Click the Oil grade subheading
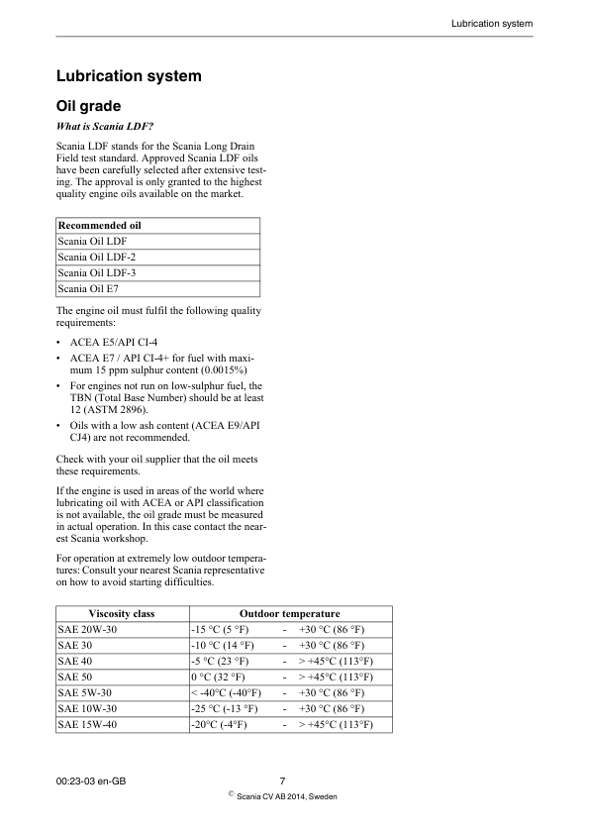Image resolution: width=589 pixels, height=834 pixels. pos(95,105)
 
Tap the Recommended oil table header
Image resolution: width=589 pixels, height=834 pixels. pos(99,225)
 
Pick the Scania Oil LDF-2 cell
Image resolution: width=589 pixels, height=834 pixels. pos(97,257)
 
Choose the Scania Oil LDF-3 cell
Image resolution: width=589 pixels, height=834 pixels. pos(97,272)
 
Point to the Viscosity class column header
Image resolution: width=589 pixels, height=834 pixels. pos(122,614)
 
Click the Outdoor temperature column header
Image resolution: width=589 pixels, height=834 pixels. pos(289,614)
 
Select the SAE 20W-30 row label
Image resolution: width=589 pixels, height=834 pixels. pos(87,630)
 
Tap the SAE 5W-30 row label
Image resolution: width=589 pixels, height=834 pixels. pos(86,693)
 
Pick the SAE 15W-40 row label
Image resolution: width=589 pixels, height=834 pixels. pos(87,725)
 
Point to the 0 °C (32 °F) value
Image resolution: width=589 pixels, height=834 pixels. pos(219,678)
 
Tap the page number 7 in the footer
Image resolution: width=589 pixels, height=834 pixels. pos(282,781)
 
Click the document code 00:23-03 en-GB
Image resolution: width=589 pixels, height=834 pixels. pos(91,781)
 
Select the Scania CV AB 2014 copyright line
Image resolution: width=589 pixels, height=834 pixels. pos(287,795)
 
